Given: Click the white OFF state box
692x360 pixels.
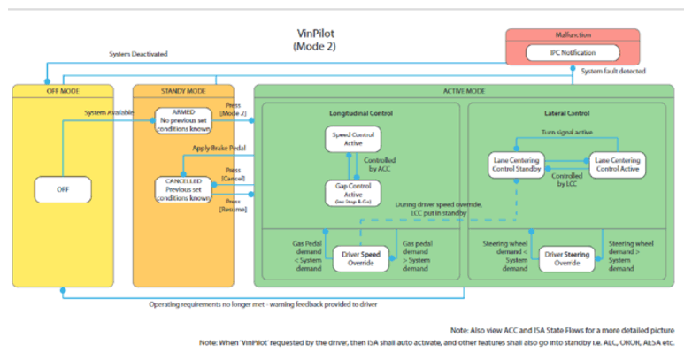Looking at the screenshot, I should tap(63, 188).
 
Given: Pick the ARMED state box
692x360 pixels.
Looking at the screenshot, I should tap(184, 119).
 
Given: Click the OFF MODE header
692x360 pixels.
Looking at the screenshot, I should tap(63, 91).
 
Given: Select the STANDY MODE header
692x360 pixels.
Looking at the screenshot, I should tap(183, 91).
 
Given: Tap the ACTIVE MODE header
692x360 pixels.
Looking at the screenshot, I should tap(458, 91).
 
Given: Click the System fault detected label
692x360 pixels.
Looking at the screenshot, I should tap(614, 71).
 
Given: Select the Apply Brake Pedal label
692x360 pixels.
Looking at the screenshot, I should tap(218, 149).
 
